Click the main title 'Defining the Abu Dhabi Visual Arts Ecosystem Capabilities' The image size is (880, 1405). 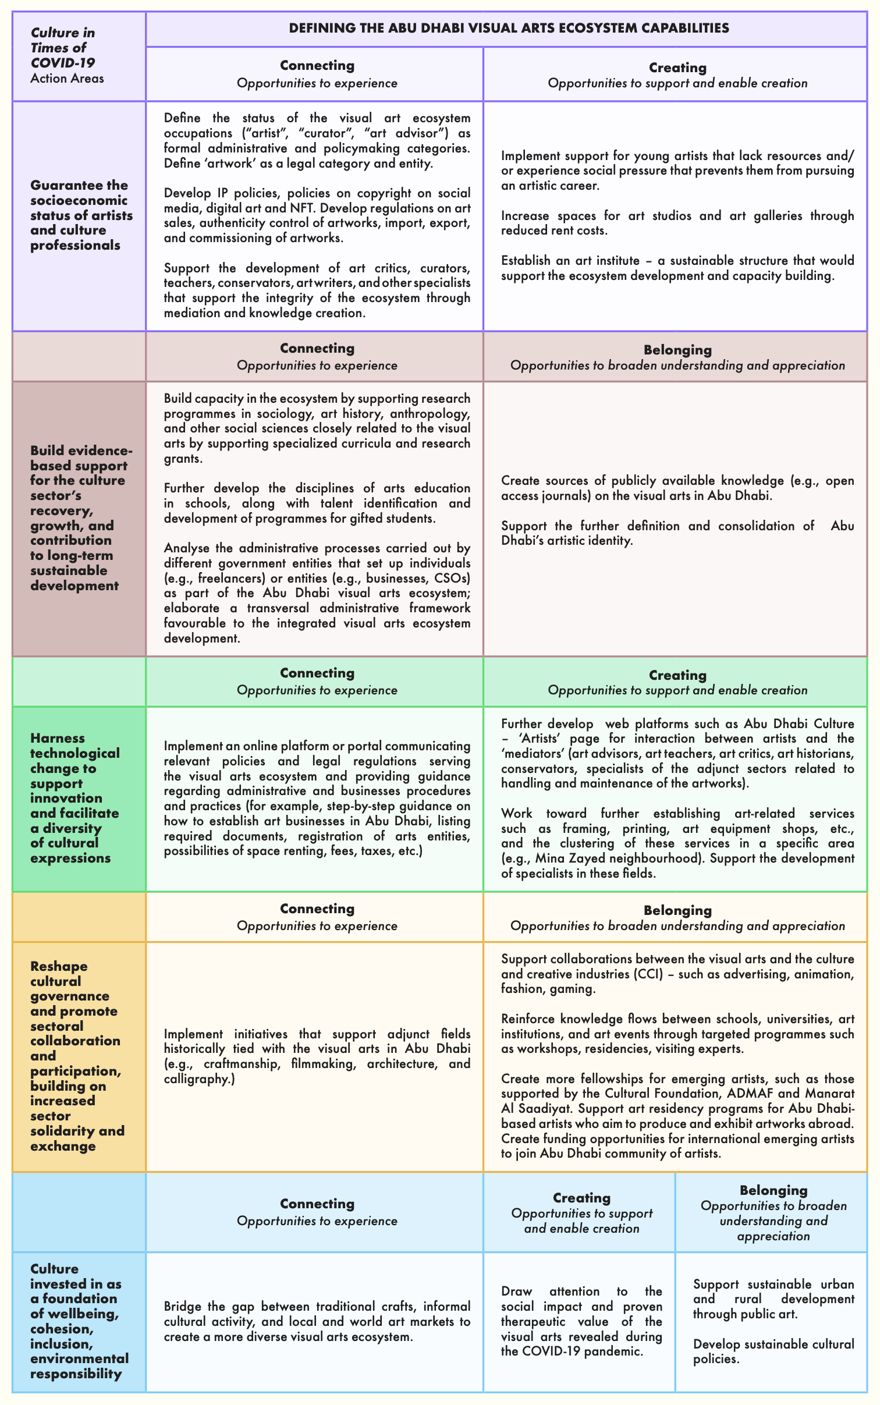point(509,28)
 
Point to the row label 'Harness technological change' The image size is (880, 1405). point(74,798)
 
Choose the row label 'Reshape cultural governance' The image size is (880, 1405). point(77,1056)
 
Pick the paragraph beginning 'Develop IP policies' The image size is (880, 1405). point(317,215)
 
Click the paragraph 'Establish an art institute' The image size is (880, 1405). point(677,268)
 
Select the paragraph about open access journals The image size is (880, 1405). point(677,488)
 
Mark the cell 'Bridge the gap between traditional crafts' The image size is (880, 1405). point(317,1321)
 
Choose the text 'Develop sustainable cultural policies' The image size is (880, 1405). point(773,1351)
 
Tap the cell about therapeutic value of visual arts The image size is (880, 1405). point(581,1321)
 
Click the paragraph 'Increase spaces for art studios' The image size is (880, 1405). point(677,223)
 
